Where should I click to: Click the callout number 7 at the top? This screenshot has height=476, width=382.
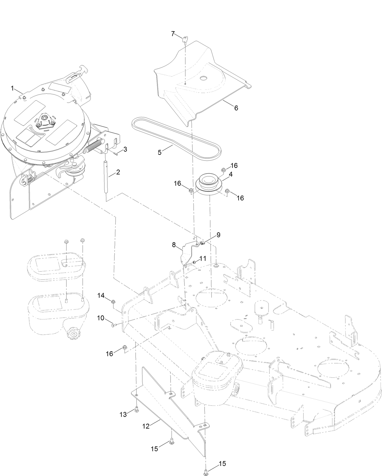[x=173, y=34]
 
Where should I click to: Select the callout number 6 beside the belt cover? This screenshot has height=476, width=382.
[x=236, y=108]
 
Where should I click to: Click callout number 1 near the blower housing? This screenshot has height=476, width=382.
[x=12, y=88]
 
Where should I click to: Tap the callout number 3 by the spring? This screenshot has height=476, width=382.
[x=125, y=149]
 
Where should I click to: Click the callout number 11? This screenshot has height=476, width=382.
[x=203, y=259]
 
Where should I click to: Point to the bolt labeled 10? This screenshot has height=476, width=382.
[x=113, y=325]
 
